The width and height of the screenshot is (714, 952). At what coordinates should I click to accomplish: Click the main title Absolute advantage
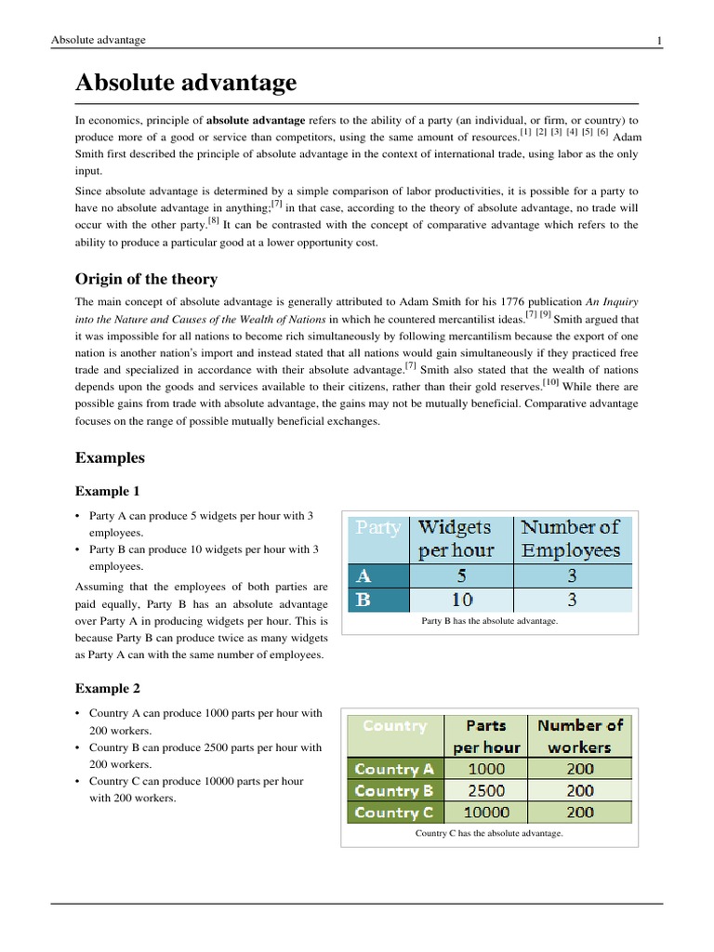coord(186,83)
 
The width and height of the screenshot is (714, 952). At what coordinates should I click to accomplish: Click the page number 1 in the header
coord(658,40)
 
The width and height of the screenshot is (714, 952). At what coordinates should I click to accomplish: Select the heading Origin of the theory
coord(146,279)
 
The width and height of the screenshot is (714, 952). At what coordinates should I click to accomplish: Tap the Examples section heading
coord(110,457)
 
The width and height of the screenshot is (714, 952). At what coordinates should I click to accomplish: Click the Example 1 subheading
coord(107,491)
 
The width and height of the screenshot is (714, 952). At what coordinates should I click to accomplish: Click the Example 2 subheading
coord(107,689)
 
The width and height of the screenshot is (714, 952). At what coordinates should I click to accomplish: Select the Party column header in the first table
coord(378,528)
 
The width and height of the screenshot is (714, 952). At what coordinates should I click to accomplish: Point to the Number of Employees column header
coord(571,538)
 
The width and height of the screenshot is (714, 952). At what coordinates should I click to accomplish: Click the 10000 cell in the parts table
coord(487,813)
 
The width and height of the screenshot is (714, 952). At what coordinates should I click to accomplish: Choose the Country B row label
coord(394,791)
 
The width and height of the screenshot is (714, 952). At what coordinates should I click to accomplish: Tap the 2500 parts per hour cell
coord(487,791)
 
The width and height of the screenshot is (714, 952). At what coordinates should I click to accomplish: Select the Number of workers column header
coord(579,735)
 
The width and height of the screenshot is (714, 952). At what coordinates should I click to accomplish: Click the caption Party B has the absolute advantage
coord(489,620)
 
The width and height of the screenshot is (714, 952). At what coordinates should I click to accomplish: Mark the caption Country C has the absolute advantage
coord(489,833)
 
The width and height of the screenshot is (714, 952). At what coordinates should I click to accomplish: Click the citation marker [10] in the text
coord(551,381)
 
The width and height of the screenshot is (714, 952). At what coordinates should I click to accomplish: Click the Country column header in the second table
coord(395,726)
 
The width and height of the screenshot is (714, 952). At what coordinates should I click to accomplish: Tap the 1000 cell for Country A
coord(487,769)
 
